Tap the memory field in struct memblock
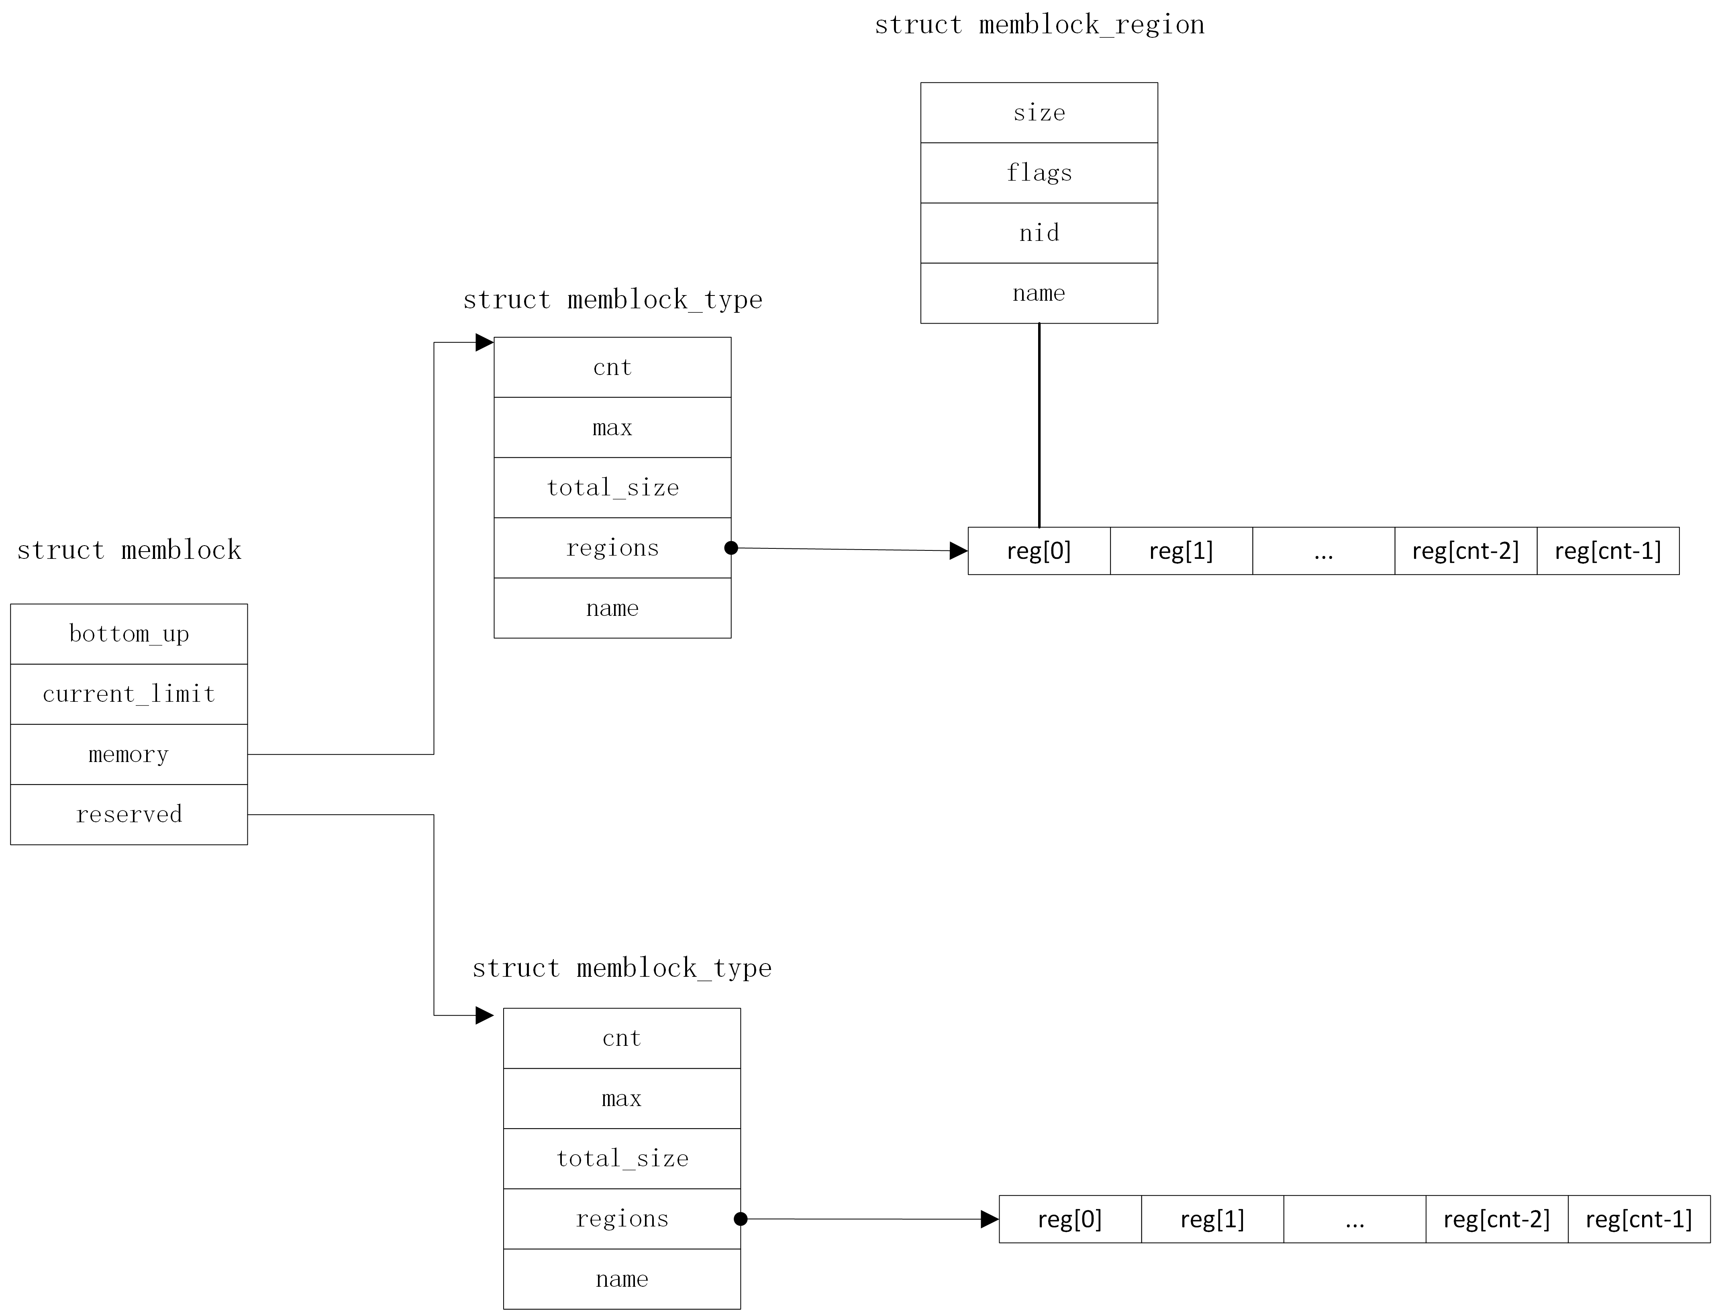(x=129, y=754)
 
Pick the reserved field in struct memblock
(x=129, y=814)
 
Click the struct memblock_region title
(x=1039, y=25)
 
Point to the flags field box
(x=1039, y=172)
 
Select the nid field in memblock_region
(x=1039, y=232)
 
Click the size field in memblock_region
(x=1039, y=112)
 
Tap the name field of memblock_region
(x=1039, y=293)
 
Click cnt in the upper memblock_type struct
(x=612, y=367)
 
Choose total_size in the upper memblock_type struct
(x=612, y=487)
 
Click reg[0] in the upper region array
(x=1039, y=550)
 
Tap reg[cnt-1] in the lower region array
(x=1639, y=1219)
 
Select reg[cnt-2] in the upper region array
(x=1465, y=550)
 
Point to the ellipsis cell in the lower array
(x=1355, y=1219)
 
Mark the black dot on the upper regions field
(x=731, y=548)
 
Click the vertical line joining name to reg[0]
(x=1039, y=425)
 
